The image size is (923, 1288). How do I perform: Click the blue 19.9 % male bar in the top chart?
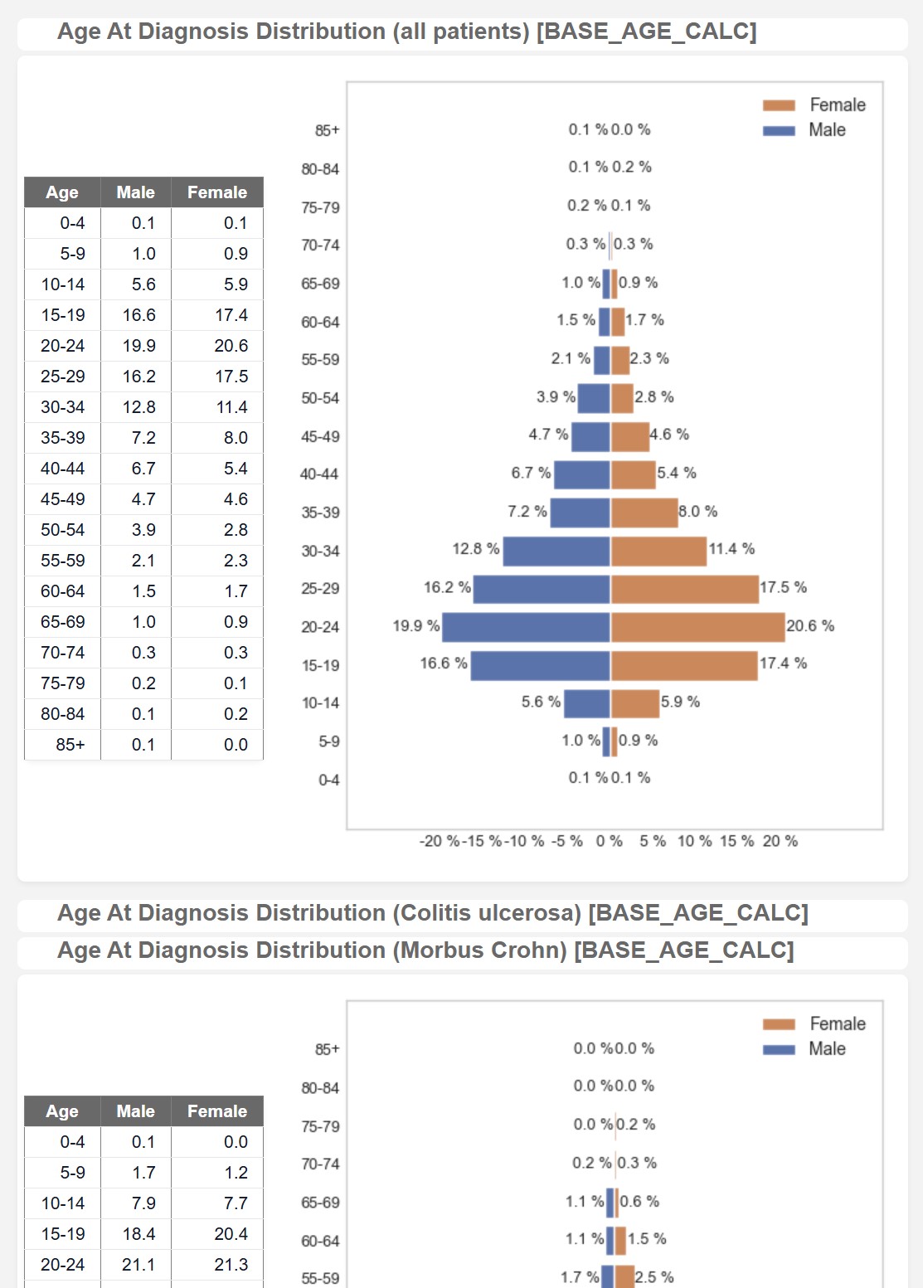pyautogui.click(x=526, y=627)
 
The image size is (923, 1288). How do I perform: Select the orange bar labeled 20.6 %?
pyautogui.click(x=697, y=627)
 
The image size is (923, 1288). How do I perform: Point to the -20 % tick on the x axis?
pyautogui.click(x=440, y=841)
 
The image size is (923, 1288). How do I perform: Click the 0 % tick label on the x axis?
pyautogui.click(x=610, y=841)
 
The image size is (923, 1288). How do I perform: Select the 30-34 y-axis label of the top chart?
pyautogui.click(x=320, y=552)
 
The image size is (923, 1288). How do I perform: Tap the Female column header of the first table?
pyautogui.click(x=217, y=192)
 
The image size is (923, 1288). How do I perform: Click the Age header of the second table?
pyautogui.click(x=62, y=1111)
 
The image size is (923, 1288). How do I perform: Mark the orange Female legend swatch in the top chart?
pyautogui.click(x=779, y=105)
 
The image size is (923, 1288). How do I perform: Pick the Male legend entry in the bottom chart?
pyautogui.click(x=827, y=1049)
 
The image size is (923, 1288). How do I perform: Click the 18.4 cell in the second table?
pyautogui.click(x=139, y=1234)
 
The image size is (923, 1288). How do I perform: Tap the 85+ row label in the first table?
pyautogui.click(x=70, y=745)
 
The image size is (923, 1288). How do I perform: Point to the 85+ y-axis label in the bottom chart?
pyautogui.click(x=327, y=1050)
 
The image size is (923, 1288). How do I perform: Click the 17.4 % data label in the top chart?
pyautogui.click(x=783, y=663)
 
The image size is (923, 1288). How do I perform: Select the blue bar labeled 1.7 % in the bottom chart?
pyautogui.click(x=608, y=1277)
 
